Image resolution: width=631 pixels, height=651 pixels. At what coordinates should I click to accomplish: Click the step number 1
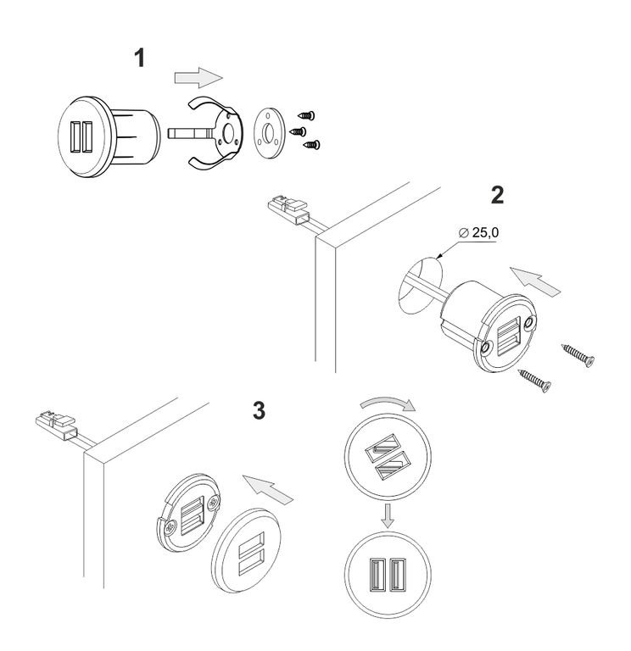point(140,58)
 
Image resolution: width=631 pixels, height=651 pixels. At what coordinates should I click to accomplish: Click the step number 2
point(497,194)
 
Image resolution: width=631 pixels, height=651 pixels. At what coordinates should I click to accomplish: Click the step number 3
point(259,410)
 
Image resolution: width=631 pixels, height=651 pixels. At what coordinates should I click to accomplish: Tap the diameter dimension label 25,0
point(485,233)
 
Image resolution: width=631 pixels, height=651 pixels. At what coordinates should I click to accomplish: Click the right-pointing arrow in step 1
point(198,78)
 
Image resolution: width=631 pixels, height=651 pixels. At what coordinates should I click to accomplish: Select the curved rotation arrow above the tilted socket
point(388,403)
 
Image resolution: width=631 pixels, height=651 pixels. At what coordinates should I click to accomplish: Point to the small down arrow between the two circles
point(388,516)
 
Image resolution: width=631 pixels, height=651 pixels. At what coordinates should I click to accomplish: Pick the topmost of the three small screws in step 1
point(306,114)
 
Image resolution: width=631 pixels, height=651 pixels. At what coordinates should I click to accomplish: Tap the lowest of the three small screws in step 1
point(312,144)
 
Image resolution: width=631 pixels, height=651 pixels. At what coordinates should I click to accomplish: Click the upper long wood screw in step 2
point(578,356)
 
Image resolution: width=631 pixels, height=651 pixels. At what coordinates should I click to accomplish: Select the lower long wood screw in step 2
point(534,381)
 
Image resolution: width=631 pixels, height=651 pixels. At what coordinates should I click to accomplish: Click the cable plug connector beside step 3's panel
point(57,425)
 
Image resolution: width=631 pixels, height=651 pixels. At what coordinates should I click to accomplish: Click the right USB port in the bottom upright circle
point(398,575)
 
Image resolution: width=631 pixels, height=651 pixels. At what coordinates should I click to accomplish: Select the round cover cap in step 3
point(246,550)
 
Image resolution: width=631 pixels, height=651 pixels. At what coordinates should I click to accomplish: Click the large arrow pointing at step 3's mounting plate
point(268,490)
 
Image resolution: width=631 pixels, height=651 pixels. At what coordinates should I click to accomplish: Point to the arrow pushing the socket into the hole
point(536,282)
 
